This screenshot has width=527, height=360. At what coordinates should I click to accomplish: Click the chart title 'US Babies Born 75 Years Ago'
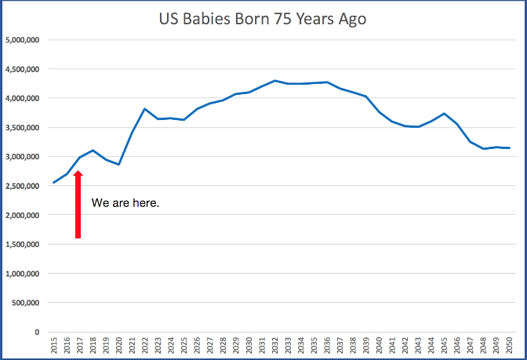tap(263, 19)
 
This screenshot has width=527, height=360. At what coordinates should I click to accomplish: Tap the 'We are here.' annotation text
tap(125, 203)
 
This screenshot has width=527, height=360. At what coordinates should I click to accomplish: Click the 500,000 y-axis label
tap(27, 303)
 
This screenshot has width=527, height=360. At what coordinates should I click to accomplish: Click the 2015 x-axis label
tap(53, 346)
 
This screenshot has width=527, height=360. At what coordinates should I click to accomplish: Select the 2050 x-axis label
tap(509, 346)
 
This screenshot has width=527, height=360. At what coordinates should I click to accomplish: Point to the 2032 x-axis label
tap(274, 346)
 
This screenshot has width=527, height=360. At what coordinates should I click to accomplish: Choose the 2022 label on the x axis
tap(144, 346)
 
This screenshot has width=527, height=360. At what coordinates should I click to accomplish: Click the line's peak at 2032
tap(274, 81)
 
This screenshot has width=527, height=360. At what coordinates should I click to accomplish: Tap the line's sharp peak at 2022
tap(144, 109)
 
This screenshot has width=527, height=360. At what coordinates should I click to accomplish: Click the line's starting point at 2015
tap(53, 183)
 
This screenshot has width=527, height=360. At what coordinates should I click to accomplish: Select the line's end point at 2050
tap(509, 148)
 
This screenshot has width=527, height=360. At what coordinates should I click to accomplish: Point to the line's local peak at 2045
tap(444, 114)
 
